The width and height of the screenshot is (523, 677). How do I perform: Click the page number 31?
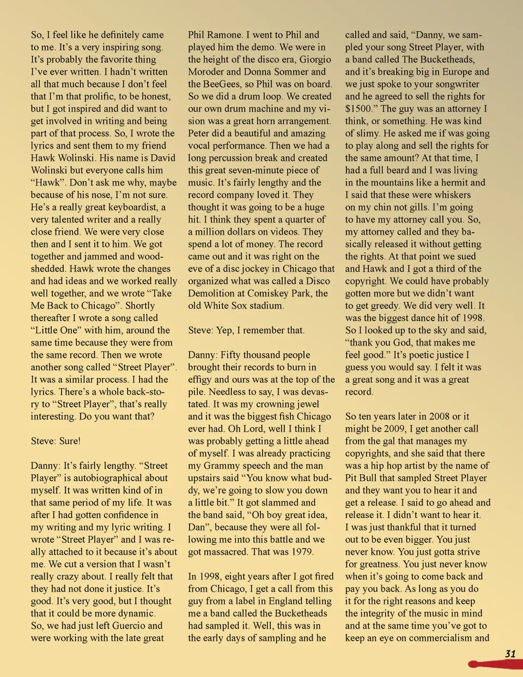[510, 654]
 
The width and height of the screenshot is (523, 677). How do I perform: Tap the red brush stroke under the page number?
[493, 664]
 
